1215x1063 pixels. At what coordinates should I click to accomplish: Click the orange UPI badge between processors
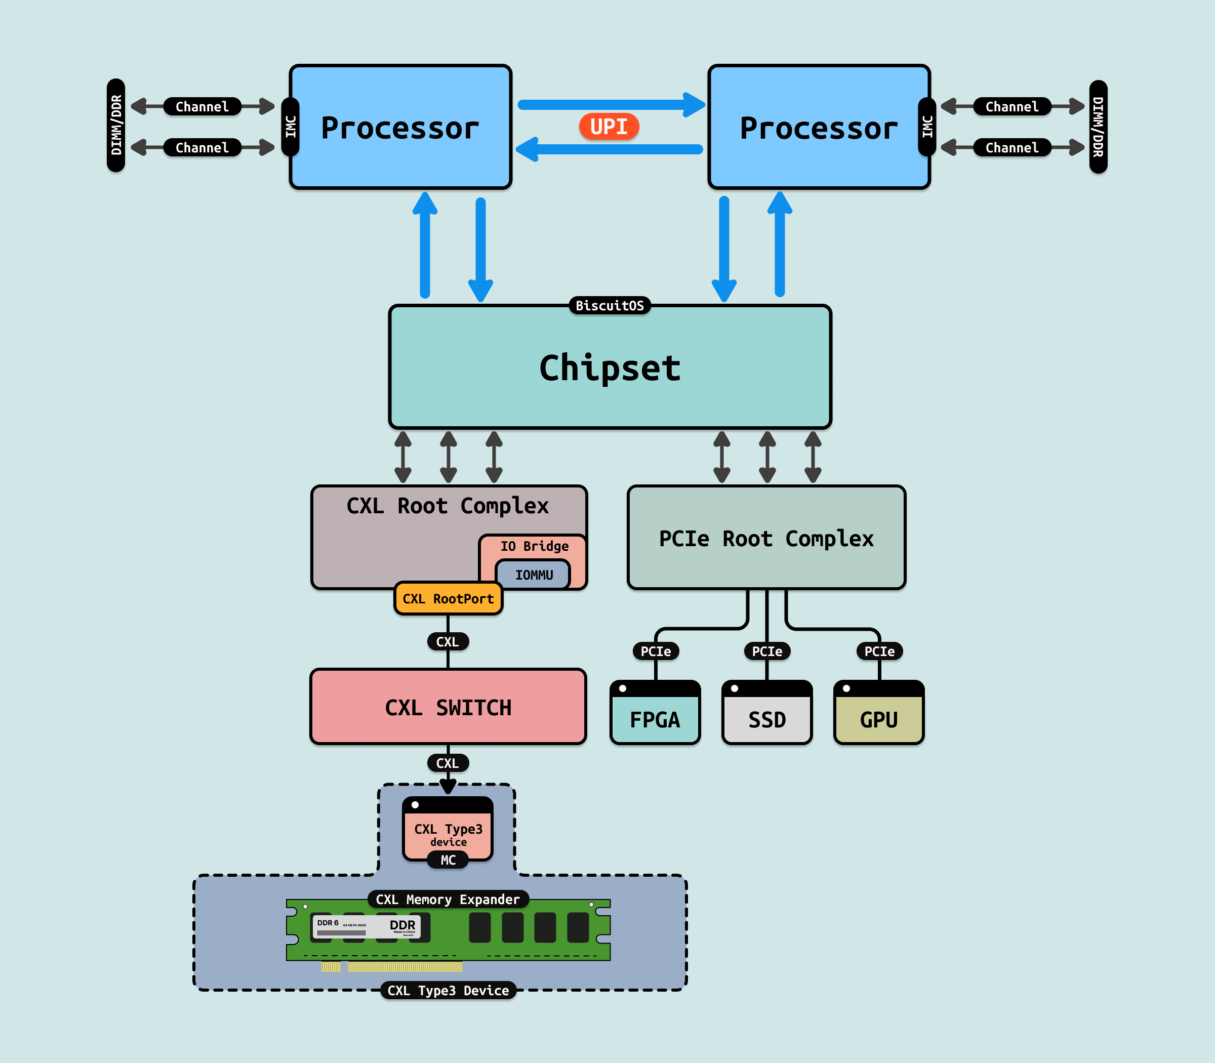(609, 127)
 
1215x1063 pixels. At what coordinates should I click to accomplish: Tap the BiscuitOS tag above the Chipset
(610, 306)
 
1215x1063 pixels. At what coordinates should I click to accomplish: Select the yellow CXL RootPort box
(448, 598)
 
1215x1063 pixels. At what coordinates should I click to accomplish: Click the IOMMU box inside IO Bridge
(534, 575)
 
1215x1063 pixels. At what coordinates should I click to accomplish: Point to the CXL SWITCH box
(448, 707)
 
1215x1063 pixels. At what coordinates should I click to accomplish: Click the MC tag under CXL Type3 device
(448, 860)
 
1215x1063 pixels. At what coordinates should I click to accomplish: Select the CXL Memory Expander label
(448, 900)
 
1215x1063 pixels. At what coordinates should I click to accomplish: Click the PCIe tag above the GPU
(879, 651)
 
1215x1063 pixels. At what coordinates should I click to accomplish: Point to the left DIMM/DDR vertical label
(116, 125)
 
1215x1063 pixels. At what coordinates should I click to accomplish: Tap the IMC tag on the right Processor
(926, 127)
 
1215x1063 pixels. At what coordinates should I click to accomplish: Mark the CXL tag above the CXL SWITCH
(448, 641)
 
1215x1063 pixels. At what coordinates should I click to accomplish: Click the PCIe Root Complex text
(766, 539)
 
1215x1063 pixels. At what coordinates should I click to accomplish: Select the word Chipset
(610, 368)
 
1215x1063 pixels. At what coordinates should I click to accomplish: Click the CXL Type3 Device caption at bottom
(448, 991)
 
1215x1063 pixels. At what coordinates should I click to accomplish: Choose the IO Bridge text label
(534, 546)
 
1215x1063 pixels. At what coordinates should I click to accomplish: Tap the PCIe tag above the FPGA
(656, 651)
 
